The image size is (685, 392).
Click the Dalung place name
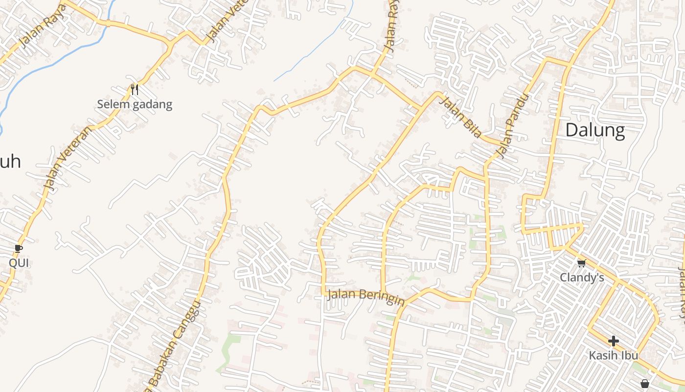(595, 131)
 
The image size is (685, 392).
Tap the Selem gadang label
(135, 104)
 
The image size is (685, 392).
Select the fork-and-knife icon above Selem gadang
(135, 89)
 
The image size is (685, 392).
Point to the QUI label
(19, 263)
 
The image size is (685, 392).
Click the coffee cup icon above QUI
(19, 249)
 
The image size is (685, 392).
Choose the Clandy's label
(582, 278)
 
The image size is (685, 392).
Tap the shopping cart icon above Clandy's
(581, 264)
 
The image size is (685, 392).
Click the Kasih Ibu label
(614, 355)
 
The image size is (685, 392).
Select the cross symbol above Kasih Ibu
(614, 341)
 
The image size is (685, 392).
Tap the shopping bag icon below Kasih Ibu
(645, 383)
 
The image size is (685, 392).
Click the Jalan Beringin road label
(365, 296)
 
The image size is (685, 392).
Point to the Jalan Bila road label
(460, 117)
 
